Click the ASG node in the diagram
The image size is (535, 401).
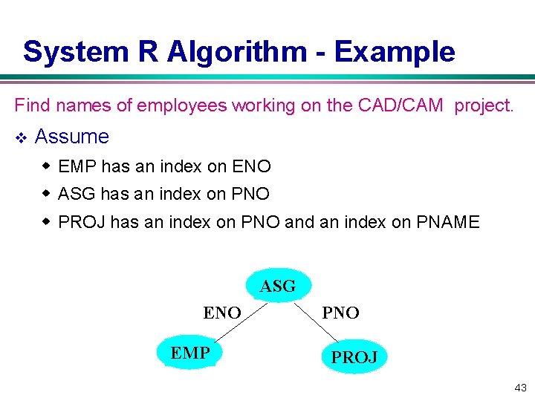click(x=278, y=286)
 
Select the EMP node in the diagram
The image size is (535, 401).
click(x=190, y=353)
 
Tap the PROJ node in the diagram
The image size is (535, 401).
click(x=354, y=356)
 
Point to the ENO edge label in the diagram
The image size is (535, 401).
click(x=222, y=313)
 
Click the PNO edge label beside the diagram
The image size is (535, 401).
click(x=340, y=313)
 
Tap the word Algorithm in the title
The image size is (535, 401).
click(x=236, y=52)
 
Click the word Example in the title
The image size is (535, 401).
click(x=395, y=52)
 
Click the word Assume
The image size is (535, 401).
click(x=72, y=137)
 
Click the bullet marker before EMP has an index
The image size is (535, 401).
click(x=47, y=166)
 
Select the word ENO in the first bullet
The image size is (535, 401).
click(x=252, y=166)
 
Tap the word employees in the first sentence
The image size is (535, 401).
click(x=183, y=105)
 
